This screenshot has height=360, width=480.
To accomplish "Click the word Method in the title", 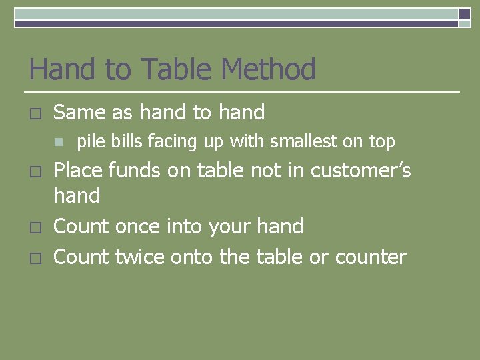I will [x=268, y=69].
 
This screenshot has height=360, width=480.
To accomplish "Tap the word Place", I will [x=78, y=170].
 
